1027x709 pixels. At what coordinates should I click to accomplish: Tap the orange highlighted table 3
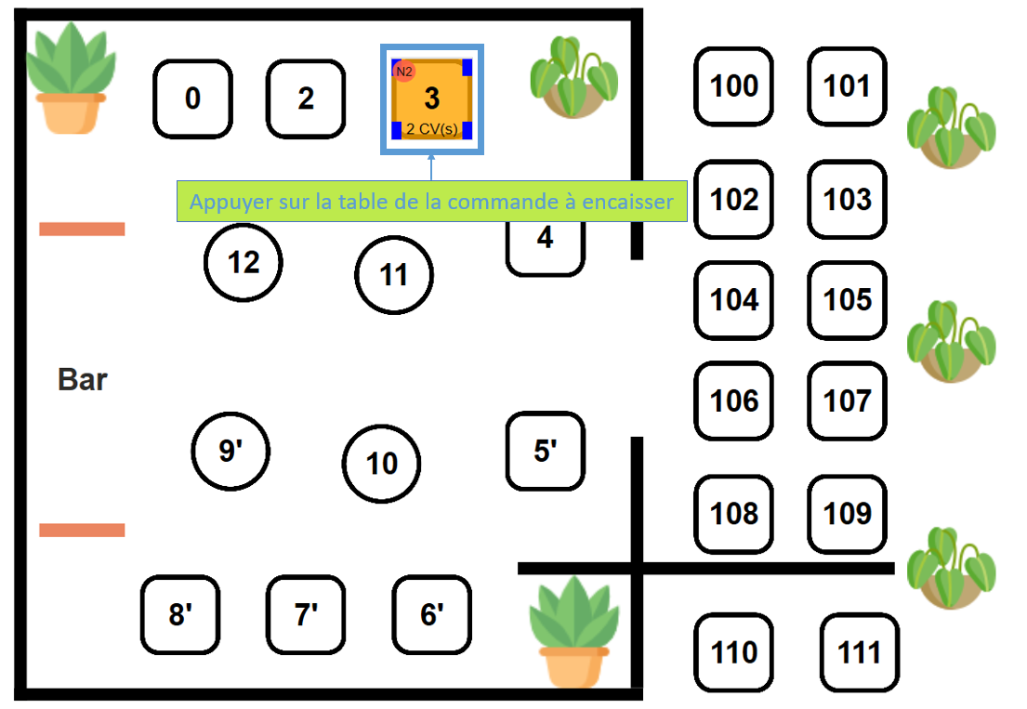point(432,98)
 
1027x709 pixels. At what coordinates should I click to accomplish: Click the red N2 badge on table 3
point(404,72)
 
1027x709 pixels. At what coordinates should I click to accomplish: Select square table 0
point(192,98)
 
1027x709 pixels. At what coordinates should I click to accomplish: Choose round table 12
point(244,263)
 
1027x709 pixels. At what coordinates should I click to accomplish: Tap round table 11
point(394,275)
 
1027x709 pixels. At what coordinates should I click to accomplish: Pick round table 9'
point(230,452)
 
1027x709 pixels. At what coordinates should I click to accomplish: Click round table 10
point(382,464)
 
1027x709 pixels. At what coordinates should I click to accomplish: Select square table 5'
point(546,452)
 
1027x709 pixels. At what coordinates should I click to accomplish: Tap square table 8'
point(179,615)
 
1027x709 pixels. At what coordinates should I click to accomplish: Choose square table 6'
point(431,615)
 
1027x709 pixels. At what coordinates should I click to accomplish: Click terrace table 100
point(734,86)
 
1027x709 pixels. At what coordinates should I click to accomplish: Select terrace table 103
point(848,200)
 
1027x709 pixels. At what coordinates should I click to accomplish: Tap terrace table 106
point(734,400)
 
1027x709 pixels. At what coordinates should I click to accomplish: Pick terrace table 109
point(848,513)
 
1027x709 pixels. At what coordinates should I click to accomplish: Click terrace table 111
point(860,652)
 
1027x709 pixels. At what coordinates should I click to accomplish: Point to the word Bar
point(83,380)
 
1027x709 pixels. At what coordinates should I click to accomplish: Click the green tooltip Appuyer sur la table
point(431,202)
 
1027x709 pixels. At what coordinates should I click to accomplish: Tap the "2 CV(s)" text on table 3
point(432,129)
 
